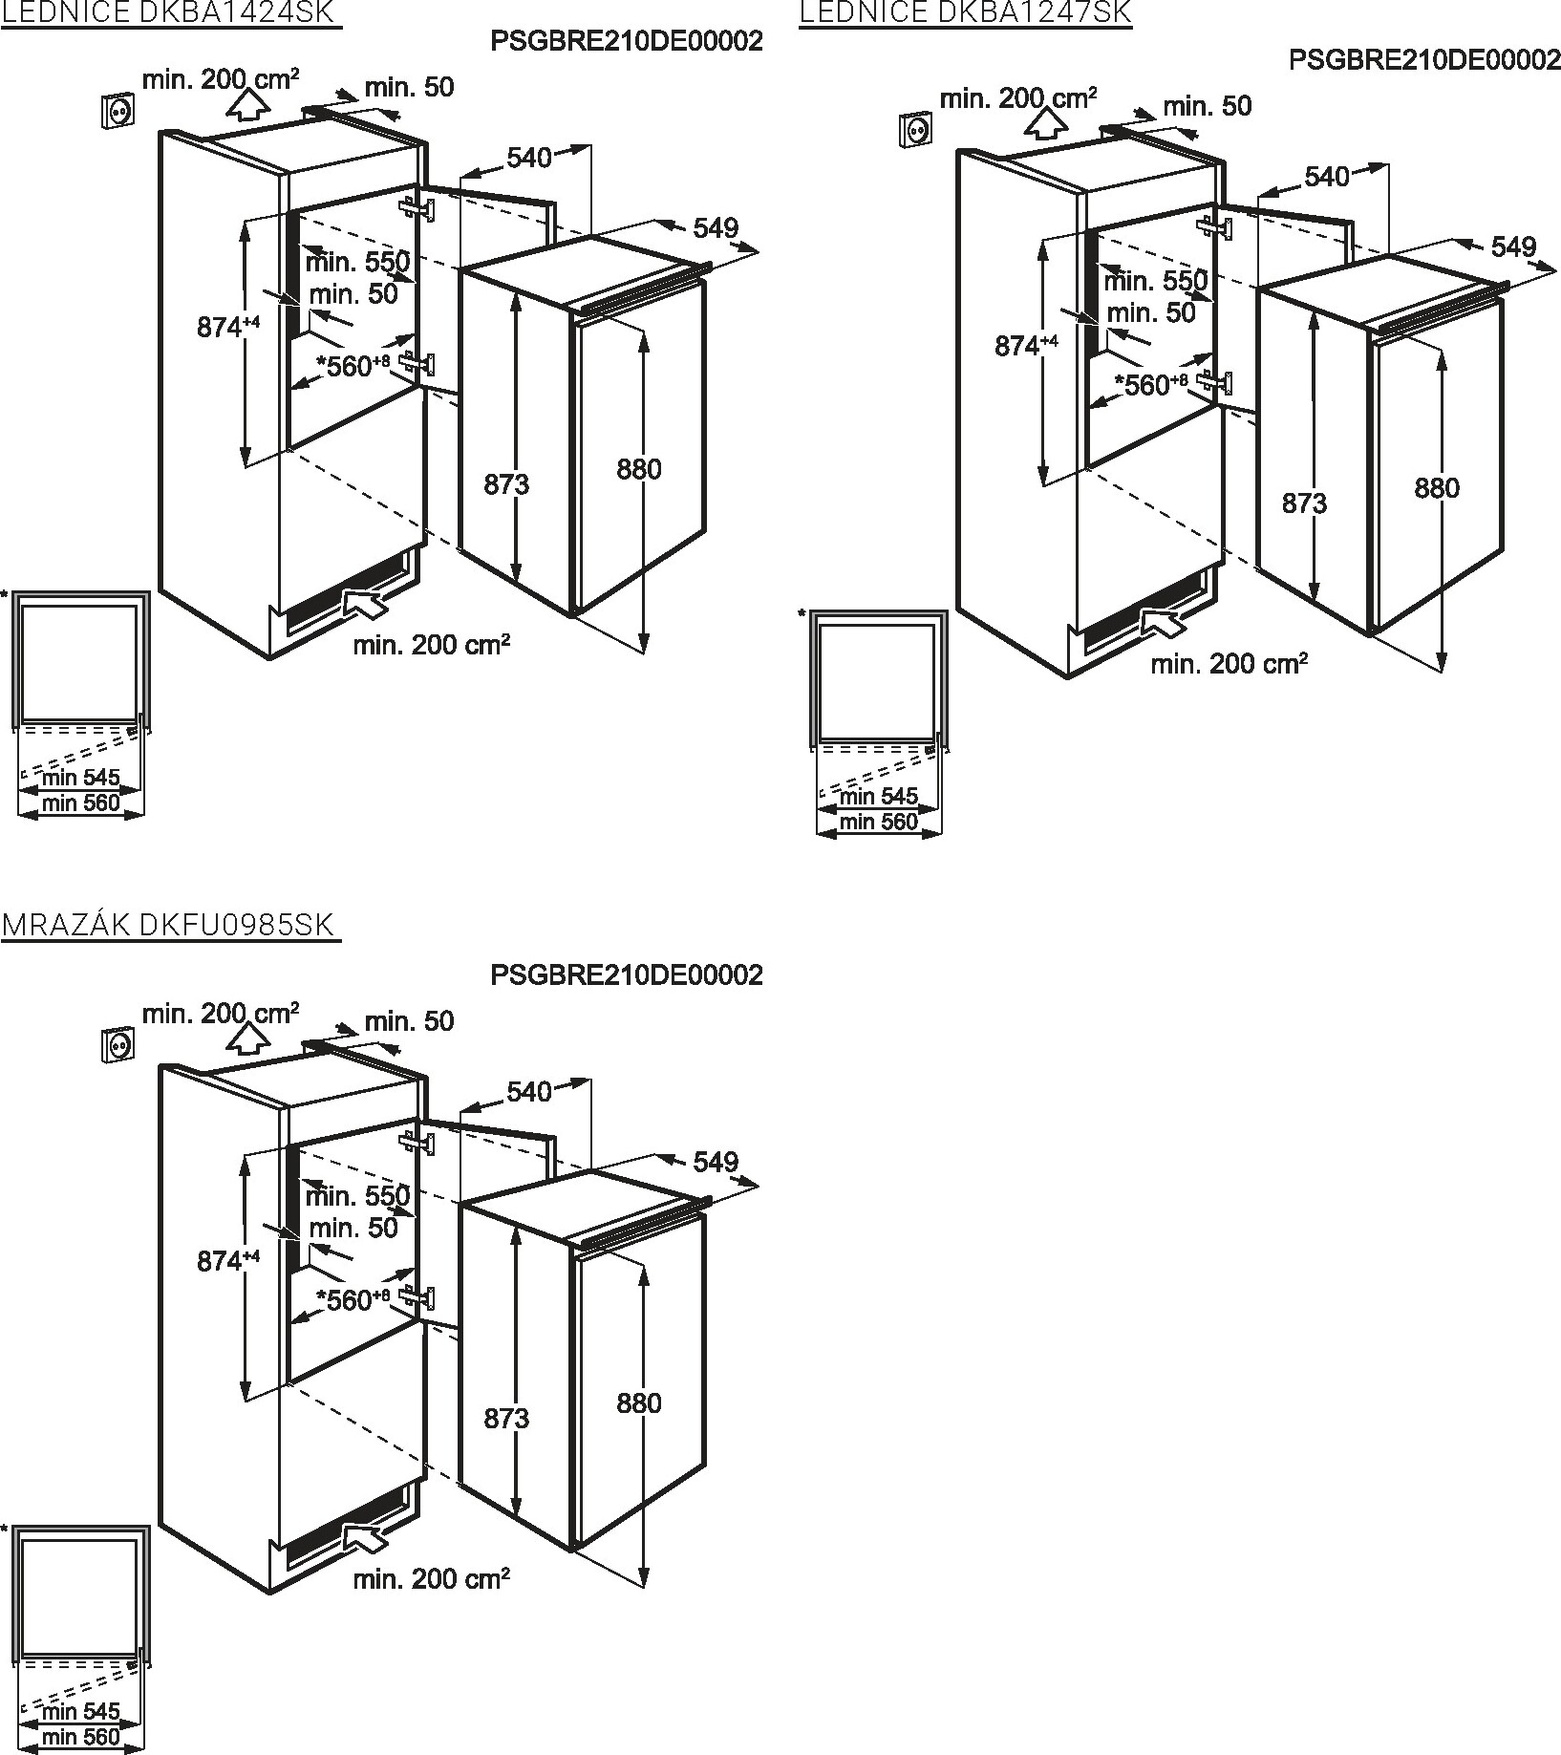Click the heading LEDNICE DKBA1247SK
tap(965, 11)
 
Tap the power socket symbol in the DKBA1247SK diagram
tap(915, 128)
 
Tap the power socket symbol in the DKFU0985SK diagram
tap(117, 1044)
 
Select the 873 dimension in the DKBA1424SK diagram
tap(506, 484)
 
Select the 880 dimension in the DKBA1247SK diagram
tap(1437, 488)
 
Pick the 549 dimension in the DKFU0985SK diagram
tap(716, 1162)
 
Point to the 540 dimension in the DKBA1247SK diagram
tap(1327, 176)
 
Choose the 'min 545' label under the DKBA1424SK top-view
tap(80, 778)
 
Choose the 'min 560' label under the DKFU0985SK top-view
tap(80, 1737)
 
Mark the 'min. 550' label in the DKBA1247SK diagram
tap(1156, 281)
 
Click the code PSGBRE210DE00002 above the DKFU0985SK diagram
tap(627, 974)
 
